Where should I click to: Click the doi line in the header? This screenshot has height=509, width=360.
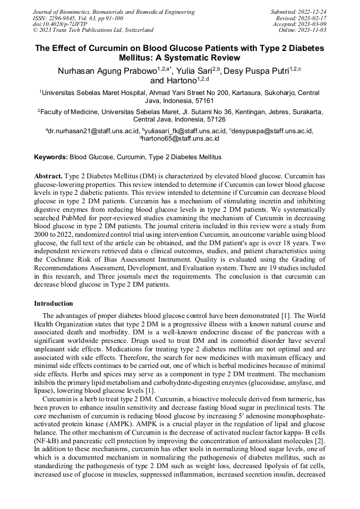(x=62, y=24)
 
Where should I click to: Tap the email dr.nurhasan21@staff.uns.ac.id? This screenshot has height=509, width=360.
(x=94, y=131)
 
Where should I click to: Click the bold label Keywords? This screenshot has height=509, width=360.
(x=51, y=157)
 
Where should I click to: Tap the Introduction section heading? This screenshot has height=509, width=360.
(x=54, y=304)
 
